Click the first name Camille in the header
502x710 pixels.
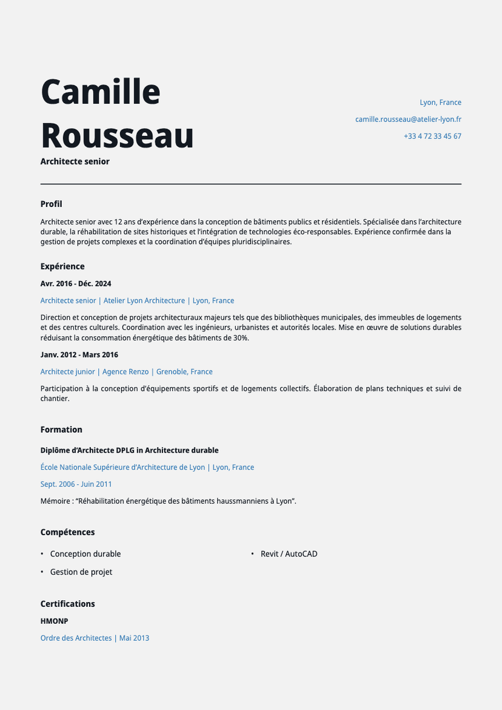[x=100, y=92]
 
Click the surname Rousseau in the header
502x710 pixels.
[x=117, y=135]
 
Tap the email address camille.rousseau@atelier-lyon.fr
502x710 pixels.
[x=408, y=120]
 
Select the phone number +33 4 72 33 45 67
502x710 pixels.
[x=432, y=137]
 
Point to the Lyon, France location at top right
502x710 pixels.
[x=440, y=103]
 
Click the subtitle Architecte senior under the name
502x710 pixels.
[x=75, y=161]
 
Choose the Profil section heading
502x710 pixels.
[x=51, y=204]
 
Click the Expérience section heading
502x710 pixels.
[x=62, y=266]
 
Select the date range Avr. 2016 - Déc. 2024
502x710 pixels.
[x=76, y=283]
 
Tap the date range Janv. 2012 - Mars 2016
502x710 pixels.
[x=79, y=354]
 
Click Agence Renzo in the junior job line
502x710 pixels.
[x=125, y=371]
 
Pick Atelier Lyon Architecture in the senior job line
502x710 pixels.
[x=144, y=300]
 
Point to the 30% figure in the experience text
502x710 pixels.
[x=241, y=337]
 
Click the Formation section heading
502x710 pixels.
[x=61, y=430]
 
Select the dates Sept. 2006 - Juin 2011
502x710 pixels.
[x=76, y=484]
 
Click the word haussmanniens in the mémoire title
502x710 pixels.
[x=233, y=501]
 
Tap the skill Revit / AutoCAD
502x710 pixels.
[x=289, y=554]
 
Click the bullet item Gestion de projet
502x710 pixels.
[x=81, y=572]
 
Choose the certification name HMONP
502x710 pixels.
[x=54, y=621]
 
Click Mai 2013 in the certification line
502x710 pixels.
[x=134, y=638]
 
